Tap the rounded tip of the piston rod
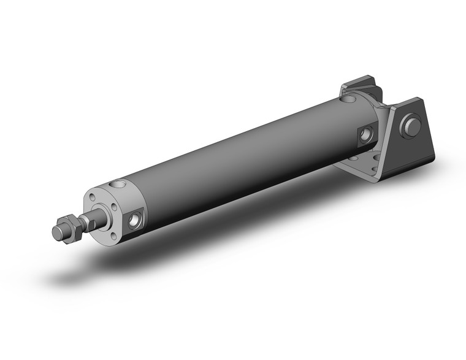click(x=56, y=233)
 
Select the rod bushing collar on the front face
click(x=99, y=215)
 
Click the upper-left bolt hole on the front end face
click(x=92, y=197)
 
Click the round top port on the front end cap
click(x=117, y=184)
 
